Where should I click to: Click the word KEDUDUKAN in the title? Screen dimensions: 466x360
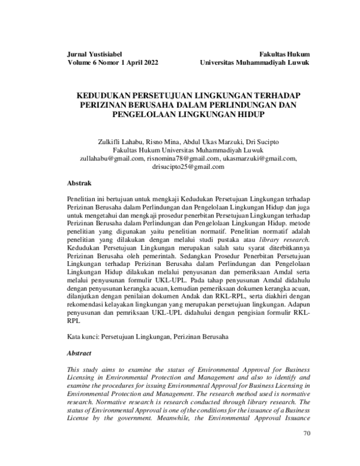[110, 95]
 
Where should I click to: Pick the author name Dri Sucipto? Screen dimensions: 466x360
[262, 142]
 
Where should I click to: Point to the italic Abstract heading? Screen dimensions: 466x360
[80, 354]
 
